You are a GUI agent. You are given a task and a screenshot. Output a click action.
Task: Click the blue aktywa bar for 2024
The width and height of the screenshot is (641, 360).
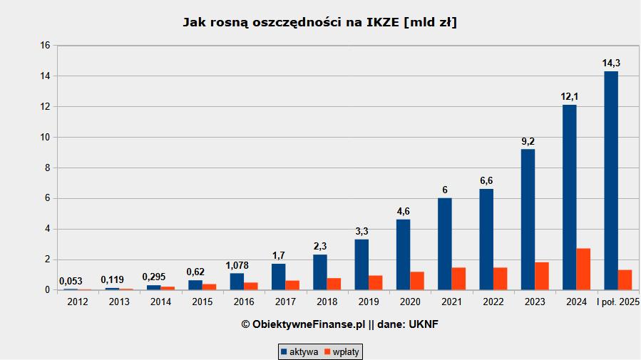(x=569, y=197)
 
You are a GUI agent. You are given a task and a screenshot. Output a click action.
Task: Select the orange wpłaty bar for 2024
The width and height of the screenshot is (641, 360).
(x=583, y=269)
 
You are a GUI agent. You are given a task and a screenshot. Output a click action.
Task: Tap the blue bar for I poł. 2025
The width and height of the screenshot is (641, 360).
(x=611, y=180)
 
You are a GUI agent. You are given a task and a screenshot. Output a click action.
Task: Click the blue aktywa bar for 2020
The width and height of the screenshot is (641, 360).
(x=403, y=254)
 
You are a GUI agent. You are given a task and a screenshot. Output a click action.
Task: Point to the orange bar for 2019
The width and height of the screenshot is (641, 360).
(x=376, y=283)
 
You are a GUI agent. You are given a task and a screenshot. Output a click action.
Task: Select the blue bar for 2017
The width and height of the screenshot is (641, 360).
(x=278, y=277)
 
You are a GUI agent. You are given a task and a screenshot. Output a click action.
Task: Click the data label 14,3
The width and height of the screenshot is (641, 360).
(x=611, y=63)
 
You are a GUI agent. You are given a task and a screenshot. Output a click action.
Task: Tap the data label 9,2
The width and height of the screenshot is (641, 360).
(x=528, y=141)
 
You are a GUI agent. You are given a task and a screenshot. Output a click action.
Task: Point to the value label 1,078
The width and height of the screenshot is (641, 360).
(x=237, y=266)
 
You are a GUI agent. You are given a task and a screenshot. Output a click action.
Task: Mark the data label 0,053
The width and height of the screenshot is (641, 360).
(x=70, y=281)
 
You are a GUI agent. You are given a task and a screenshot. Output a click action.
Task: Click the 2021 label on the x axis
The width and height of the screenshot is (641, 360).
(x=452, y=302)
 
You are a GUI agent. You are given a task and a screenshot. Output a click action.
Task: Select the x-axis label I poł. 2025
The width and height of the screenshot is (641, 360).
(x=618, y=302)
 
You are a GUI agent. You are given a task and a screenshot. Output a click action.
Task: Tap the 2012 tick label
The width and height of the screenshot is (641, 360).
(x=77, y=302)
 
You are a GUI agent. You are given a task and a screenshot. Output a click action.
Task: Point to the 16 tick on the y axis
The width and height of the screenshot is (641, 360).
(x=45, y=46)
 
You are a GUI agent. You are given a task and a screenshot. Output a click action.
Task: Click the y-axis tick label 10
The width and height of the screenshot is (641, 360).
(x=45, y=138)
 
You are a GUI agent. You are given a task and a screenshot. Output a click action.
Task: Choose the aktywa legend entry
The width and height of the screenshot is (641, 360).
(x=299, y=351)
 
